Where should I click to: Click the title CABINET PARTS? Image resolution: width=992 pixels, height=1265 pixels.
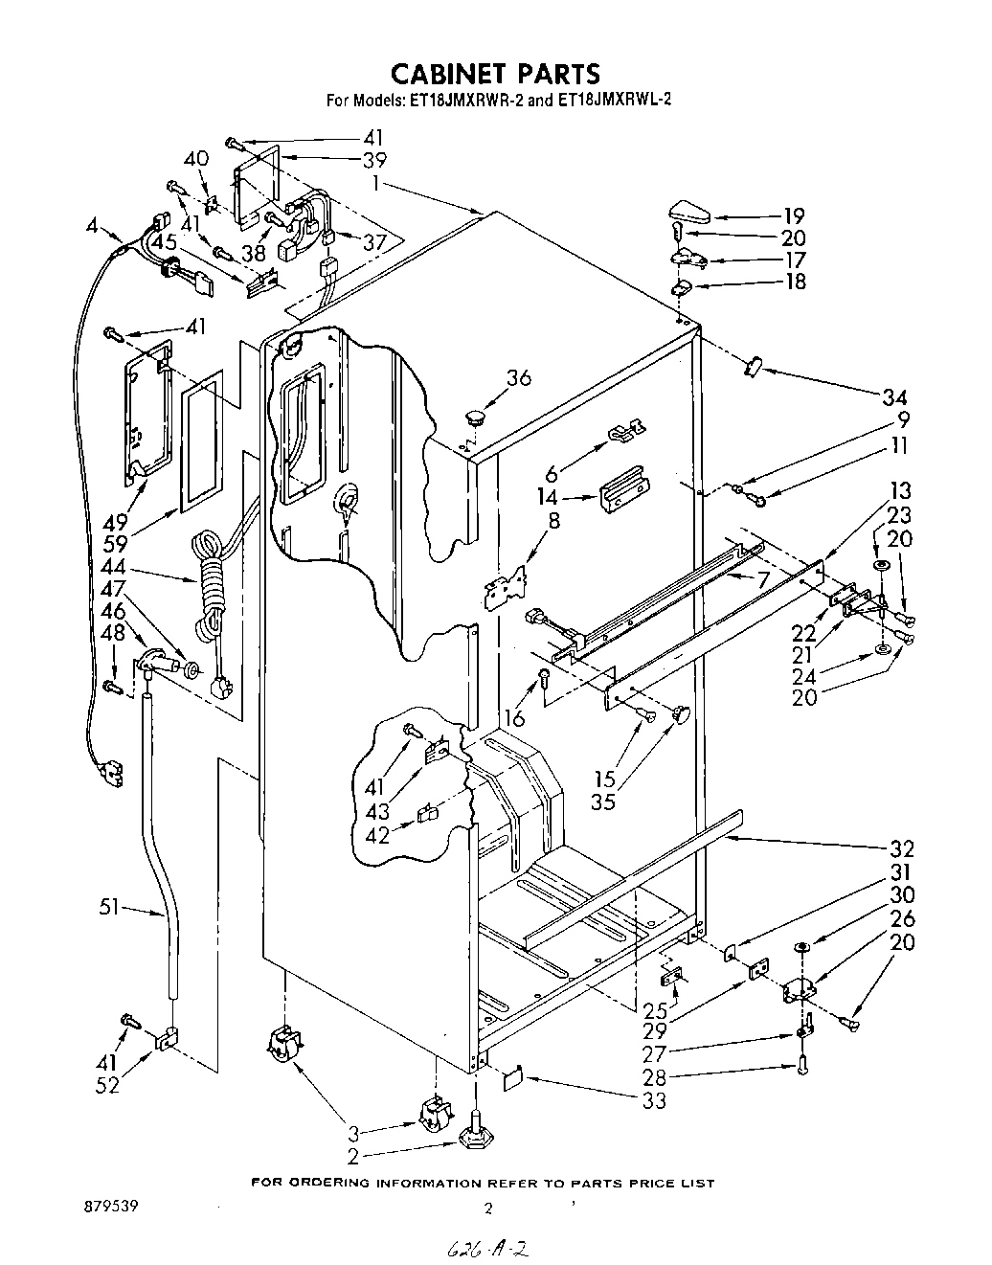pos(495,74)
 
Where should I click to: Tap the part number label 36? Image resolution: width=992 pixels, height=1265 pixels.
pos(518,377)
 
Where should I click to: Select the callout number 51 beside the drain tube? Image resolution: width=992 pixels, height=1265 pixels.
pos(110,907)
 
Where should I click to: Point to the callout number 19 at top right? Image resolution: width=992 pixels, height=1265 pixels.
pos(794,215)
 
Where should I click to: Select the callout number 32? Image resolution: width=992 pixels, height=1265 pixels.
pos(901,848)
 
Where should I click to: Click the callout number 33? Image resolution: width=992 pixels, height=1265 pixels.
pos(653,1100)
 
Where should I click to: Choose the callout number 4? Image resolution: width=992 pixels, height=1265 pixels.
pos(91,227)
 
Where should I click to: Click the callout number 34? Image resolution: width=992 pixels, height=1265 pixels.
pos(894,396)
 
